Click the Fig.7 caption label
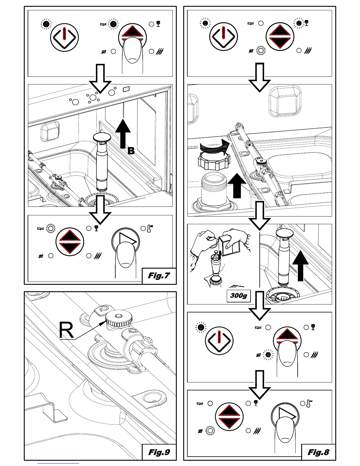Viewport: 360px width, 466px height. (x=159, y=276)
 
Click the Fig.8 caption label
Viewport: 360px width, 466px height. (x=318, y=452)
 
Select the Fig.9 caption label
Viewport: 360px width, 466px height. (x=159, y=452)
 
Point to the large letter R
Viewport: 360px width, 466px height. (x=66, y=330)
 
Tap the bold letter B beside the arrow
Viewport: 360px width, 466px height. (x=131, y=151)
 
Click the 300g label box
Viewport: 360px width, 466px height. (x=239, y=295)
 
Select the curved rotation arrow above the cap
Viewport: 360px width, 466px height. (x=215, y=146)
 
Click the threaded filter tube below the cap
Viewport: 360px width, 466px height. (x=214, y=188)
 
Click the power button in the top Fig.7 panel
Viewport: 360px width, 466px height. (x=64, y=37)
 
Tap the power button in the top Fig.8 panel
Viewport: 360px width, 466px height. (x=224, y=37)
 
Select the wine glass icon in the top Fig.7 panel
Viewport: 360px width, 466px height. (x=159, y=24)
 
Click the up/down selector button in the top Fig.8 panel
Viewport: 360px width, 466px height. (x=280, y=37)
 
